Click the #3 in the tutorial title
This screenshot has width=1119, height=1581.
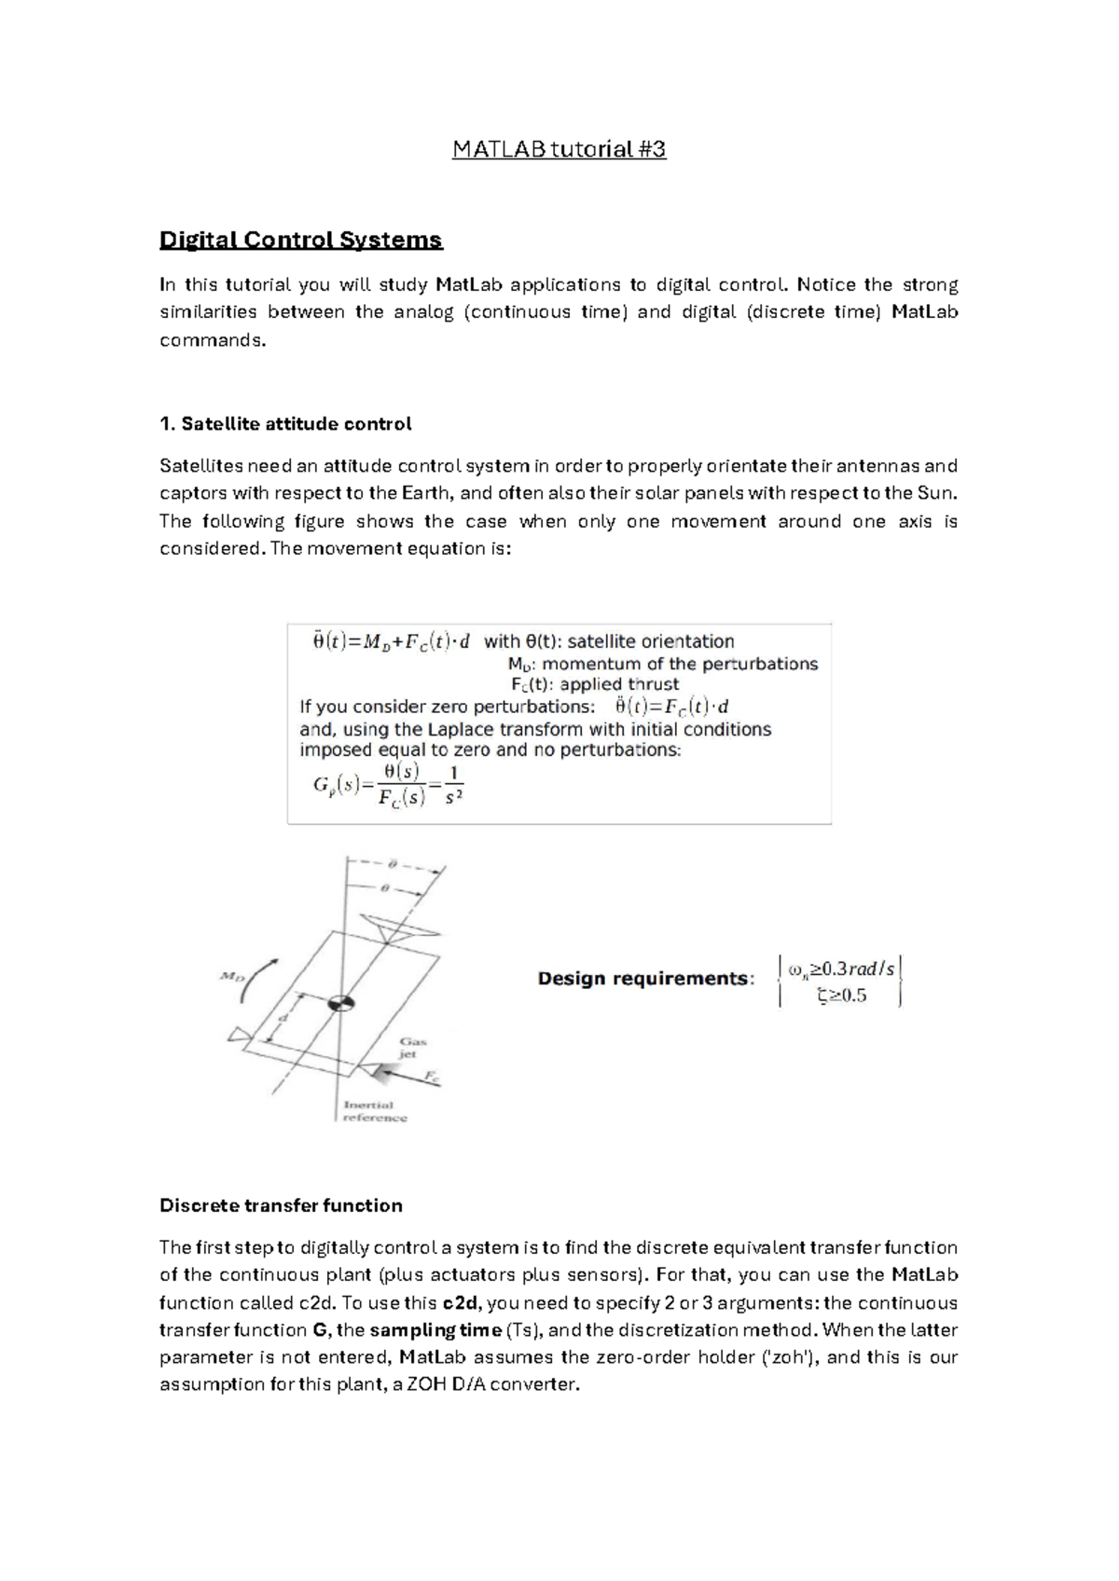coord(652,149)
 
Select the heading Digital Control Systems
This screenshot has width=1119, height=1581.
coord(300,241)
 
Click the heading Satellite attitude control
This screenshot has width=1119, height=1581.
coord(285,424)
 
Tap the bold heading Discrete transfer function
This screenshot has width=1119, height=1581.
coord(281,1205)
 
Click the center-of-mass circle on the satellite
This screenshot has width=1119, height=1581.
coord(340,1004)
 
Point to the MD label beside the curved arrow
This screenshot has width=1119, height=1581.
coord(231,976)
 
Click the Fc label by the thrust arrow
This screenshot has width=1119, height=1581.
coord(432,1076)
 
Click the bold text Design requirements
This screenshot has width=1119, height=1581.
coord(644,979)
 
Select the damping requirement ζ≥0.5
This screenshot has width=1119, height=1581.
coord(841,996)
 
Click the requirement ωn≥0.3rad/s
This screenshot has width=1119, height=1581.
coord(841,969)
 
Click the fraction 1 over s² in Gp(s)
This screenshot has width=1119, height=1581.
coord(453,785)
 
